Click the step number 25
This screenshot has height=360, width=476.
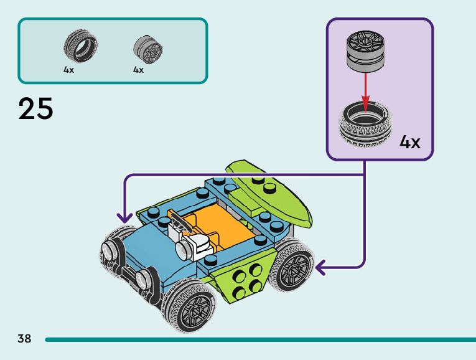pos(36,108)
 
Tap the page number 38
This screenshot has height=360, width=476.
pos(24,338)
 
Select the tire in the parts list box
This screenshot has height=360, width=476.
pos(81,46)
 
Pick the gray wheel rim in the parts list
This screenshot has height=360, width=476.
pos(148,50)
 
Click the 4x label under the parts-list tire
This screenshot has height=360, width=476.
pos(68,70)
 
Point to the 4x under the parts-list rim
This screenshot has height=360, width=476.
pos(138,70)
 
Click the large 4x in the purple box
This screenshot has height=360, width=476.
pos(410,142)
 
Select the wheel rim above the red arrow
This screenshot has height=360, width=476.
pos(365,52)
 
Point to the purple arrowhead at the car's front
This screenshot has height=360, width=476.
pos(125,218)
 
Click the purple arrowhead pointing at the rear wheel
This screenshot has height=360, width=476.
pos(321,268)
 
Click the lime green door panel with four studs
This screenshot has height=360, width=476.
pos(243,279)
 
